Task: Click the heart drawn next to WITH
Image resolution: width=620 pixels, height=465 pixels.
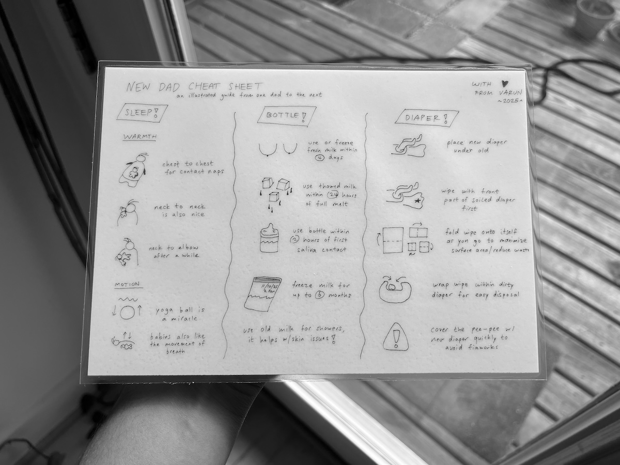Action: click(505, 83)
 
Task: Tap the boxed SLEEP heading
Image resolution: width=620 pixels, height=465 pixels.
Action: click(142, 113)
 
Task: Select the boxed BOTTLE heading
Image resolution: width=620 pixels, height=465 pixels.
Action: click(287, 115)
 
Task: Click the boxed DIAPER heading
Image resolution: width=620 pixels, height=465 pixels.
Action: click(427, 117)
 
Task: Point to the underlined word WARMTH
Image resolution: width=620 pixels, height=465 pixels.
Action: click(140, 137)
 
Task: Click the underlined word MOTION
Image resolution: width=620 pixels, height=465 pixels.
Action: click(128, 284)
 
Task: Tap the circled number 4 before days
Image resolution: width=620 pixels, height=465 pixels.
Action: click(320, 158)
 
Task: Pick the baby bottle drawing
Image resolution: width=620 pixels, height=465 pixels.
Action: click(269, 238)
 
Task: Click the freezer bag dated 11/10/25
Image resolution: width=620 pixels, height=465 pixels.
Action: click(262, 294)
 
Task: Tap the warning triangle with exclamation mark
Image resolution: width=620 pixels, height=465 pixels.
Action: click(396, 337)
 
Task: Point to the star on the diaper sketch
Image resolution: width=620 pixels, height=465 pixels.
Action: click(418, 201)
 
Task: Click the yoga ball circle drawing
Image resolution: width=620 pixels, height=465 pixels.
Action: click(128, 312)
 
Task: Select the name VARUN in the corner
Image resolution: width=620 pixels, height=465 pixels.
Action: click(510, 92)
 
